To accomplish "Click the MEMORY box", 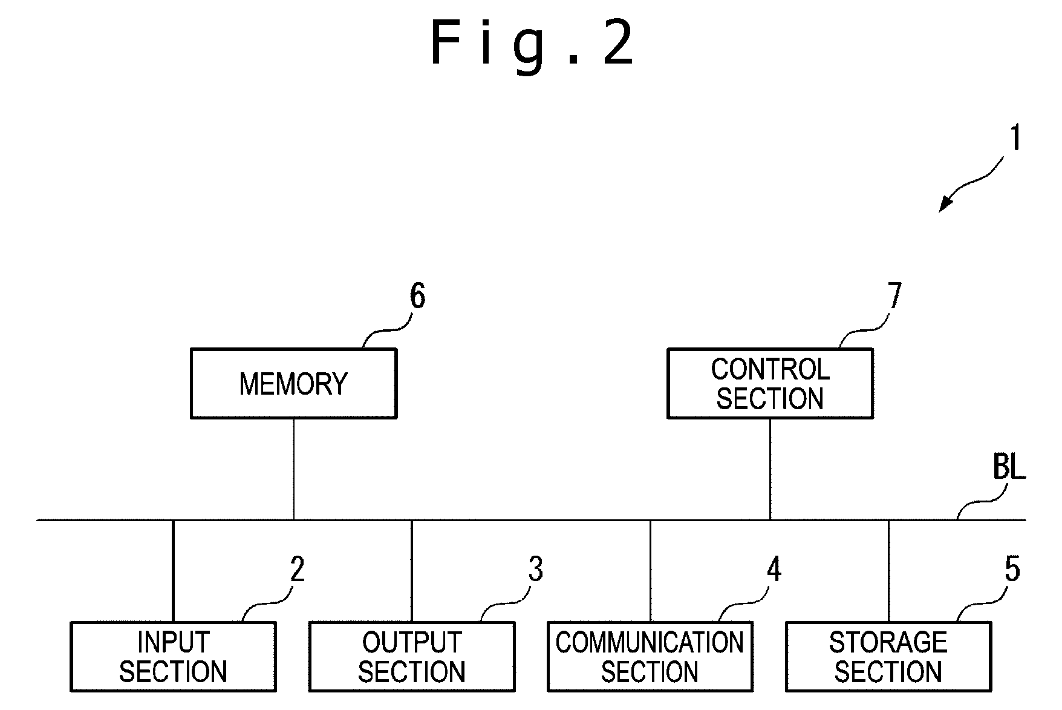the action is coord(294,383).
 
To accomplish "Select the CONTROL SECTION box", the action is coord(770,383).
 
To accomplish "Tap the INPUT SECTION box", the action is coord(173,657).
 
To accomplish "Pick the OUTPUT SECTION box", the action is coord(412,657).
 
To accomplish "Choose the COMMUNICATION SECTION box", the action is coord(650,657).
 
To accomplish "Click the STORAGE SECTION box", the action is coord(888,657).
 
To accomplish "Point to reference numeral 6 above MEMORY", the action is coord(417,297).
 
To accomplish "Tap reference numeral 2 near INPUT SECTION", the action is coord(297,570).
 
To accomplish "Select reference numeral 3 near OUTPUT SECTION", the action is coord(536,570).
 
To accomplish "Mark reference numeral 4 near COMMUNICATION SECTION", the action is coord(774,570).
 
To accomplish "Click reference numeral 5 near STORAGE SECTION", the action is coord(1012,570).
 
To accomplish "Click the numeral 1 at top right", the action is coord(1015,137).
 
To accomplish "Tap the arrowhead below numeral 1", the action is coord(945,205).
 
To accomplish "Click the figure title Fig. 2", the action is coord(532,42).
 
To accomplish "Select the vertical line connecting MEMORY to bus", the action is coord(294,469).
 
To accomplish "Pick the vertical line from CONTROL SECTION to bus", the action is coord(770,469).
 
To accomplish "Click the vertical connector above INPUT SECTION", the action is coord(173,571).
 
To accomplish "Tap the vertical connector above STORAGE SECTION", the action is coord(888,571).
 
